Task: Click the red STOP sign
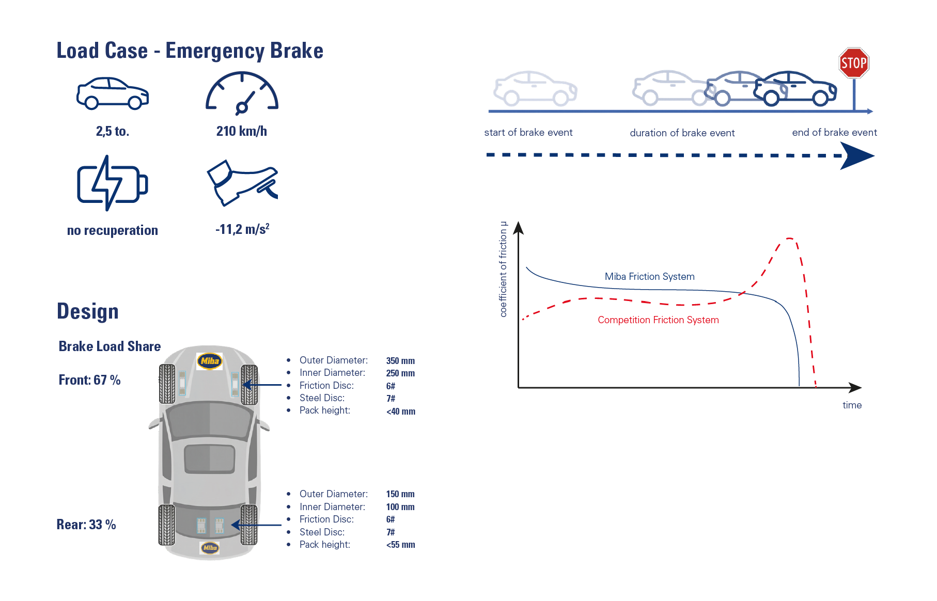pyautogui.click(x=854, y=63)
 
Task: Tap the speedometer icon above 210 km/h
pyautogui.click(x=242, y=93)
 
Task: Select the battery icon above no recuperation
pyautogui.click(x=113, y=183)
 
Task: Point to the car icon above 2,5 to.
pyautogui.click(x=113, y=93)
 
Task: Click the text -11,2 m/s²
pyautogui.click(x=242, y=229)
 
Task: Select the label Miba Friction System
pyautogui.click(x=649, y=277)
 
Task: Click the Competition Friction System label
pyautogui.click(x=658, y=320)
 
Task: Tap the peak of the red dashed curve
pyautogui.click(x=789, y=239)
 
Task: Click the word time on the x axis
pyautogui.click(x=852, y=405)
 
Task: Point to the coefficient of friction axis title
pyautogui.click(x=504, y=269)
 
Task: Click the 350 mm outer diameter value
pyautogui.click(x=400, y=361)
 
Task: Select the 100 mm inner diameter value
pyautogui.click(x=400, y=507)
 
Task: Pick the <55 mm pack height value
pyautogui.click(x=400, y=545)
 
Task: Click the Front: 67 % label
pyautogui.click(x=89, y=381)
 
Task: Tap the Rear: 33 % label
pyautogui.click(x=86, y=525)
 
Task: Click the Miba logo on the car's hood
pyautogui.click(x=210, y=361)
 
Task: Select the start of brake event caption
pyautogui.click(x=528, y=133)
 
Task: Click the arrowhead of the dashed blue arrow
pyautogui.click(x=857, y=156)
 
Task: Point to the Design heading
pyautogui.click(x=88, y=312)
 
